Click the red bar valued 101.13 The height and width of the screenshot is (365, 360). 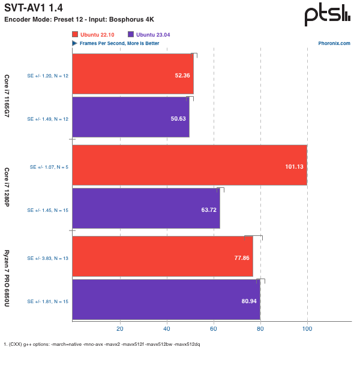(190, 165)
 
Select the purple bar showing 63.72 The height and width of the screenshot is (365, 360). (146, 208)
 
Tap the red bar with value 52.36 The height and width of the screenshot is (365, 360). (133, 74)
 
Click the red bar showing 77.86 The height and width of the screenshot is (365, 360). (163, 256)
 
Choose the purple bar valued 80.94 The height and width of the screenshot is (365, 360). (166, 300)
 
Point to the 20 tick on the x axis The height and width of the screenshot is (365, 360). (119, 329)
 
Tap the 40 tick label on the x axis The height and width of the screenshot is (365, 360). (166, 329)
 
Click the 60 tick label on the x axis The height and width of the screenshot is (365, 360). (214, 329)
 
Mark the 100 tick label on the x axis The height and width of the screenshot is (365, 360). (307, 329)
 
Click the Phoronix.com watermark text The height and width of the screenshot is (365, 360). (338, 43)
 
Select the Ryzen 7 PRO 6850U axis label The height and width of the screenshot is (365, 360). (7, 278)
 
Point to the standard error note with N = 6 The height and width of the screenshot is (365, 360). (47, 165)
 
